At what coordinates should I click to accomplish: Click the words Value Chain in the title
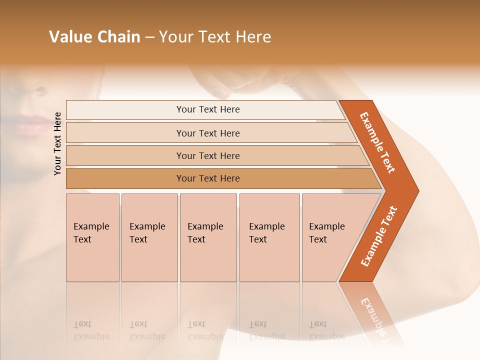click(94, 37)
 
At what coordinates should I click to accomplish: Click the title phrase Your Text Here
click(215, 37)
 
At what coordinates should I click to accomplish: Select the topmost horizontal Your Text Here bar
click(207, 109)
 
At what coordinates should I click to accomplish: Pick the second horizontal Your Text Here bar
click(207, 133)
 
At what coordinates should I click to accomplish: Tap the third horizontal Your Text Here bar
click(207, 155)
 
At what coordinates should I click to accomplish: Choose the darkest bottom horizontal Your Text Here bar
click(207, 178)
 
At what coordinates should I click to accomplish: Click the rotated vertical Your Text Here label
click(57, 143)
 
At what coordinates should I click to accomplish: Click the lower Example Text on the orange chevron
click(379, 236)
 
